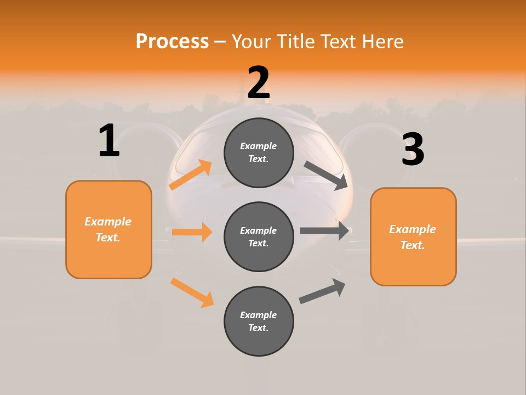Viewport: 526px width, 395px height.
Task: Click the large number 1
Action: pos(109,140)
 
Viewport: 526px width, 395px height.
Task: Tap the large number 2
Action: pos(259,83)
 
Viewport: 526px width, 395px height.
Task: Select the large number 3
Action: pos(413,150)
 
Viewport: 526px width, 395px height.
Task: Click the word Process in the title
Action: pos(172,41)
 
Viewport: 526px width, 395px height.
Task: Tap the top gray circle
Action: pos(259,153)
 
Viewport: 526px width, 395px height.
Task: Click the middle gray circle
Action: pos(259,236)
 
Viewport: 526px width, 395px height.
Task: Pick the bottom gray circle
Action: pos(259,321)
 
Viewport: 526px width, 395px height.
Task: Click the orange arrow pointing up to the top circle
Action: pos(191,174)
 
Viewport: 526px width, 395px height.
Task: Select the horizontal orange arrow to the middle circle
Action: pos(192,232)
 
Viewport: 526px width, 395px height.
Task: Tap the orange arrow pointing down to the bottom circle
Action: pos(192,292)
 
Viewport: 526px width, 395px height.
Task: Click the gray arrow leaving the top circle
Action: pos(326,175)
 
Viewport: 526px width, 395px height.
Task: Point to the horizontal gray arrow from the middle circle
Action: pos(324,231)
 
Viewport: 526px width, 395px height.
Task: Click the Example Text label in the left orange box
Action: pos(108,229)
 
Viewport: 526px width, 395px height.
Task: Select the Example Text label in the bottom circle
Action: pos(259,321)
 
